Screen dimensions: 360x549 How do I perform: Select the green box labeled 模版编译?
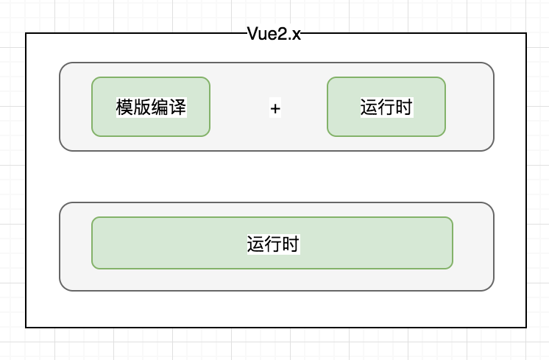(x=151, y=107)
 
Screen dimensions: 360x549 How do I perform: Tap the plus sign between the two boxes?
(x=275, y=108)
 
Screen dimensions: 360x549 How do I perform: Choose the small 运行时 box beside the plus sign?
(x=386, y=107)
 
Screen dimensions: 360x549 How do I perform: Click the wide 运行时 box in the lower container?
(x=272, y=243)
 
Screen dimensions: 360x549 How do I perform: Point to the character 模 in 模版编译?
(x=124, y=107)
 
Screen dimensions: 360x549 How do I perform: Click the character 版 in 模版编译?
(x=142, y=107)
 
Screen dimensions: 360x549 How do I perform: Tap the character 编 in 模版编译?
(x=160, y=107)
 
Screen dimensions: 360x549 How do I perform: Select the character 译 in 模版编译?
(x=177, y=107)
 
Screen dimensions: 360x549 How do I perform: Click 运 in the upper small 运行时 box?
(x=369, y=107)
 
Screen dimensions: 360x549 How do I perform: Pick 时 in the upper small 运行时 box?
(x=403, y=107)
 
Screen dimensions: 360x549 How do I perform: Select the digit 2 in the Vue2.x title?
(x=283, y=35)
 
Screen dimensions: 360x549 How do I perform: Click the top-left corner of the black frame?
(x=26, y=33)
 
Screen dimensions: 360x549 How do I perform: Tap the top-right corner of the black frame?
(x=526, y=33)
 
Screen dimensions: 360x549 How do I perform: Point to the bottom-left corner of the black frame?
(x=26, y=327)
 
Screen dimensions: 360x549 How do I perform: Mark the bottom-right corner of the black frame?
(x=526, y=327)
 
